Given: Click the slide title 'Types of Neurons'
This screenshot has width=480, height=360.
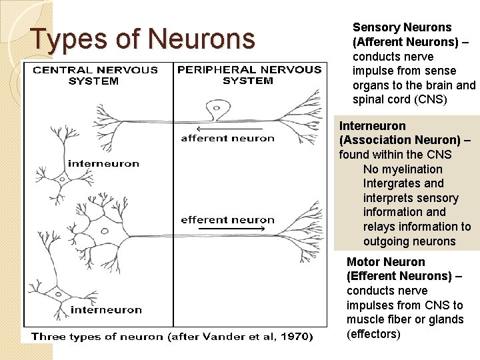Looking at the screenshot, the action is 143,39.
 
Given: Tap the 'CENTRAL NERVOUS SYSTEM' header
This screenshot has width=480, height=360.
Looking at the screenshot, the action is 95,75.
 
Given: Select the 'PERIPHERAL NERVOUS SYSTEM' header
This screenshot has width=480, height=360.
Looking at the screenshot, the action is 248,75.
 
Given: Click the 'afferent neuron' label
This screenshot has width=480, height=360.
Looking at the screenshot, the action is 227,139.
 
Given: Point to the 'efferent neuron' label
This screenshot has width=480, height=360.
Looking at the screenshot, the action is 227,220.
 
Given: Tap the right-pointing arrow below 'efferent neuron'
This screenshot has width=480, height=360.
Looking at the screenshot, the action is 233,229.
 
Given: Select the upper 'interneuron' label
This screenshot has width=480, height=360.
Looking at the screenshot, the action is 103,163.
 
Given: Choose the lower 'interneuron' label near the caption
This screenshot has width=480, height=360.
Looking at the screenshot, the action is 106,309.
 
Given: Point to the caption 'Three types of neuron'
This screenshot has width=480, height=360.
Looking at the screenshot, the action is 97,336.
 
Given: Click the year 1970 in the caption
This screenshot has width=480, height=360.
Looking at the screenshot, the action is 294,336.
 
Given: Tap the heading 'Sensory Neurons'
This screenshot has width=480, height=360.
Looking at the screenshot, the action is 401,27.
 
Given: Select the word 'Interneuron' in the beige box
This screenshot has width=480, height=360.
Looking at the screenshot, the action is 372,125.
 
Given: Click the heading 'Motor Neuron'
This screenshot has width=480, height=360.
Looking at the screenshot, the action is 385,262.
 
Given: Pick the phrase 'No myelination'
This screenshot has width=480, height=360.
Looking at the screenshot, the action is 402,169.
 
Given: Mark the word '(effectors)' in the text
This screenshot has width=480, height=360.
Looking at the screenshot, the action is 373,334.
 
